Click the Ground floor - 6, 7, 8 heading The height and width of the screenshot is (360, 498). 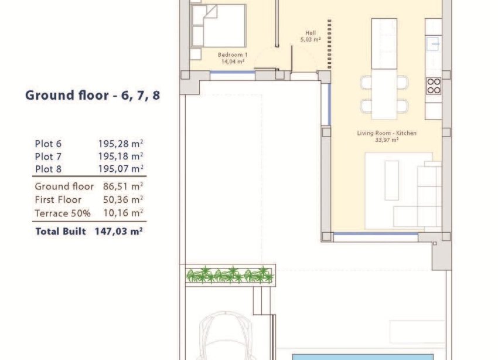click(93, 96)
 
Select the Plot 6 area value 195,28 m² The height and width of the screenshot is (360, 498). click(121, 144)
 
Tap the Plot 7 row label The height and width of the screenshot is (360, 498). click(48, 157)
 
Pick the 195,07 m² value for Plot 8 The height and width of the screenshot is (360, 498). click(121, 169)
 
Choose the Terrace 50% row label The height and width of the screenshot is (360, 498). click(63, 213)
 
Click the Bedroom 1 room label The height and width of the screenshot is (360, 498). click(233, 55)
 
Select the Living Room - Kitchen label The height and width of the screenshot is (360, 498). click(387, 133)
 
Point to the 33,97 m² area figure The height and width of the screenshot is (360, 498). click(387, 140)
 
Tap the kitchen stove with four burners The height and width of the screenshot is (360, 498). click(434, 86)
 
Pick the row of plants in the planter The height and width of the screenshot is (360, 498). click(230, 274)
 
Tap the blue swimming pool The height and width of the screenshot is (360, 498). click(363, 356)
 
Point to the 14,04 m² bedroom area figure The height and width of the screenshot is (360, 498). click(233, 61)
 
